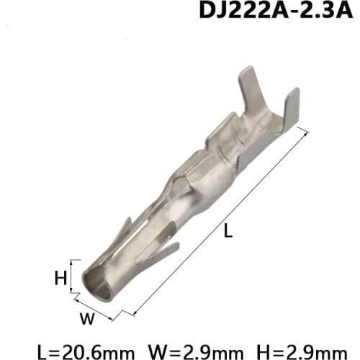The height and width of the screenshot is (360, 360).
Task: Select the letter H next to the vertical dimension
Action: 61,276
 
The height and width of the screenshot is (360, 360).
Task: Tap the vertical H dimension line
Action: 72,276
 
